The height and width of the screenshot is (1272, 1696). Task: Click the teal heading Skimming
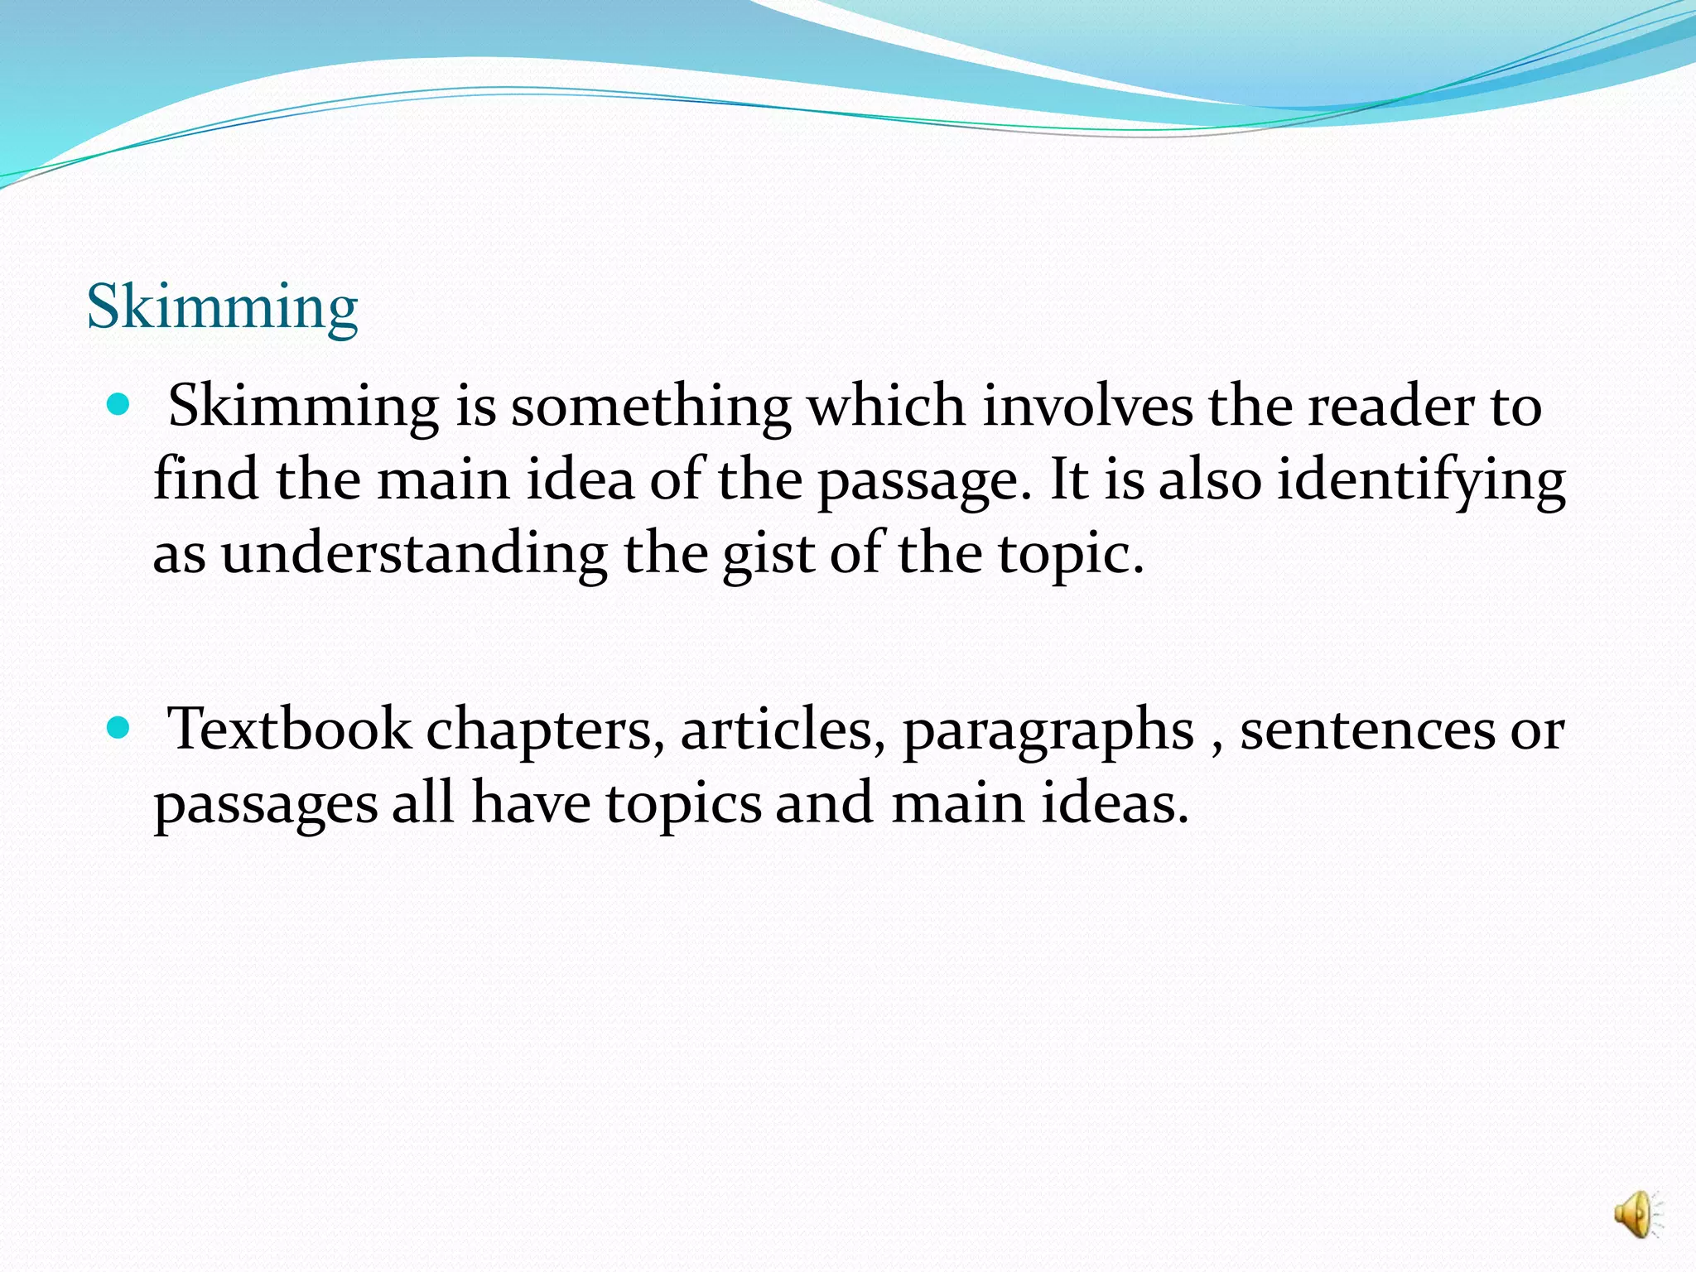point(222,307)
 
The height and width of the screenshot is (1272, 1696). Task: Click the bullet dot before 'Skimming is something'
point(119,405)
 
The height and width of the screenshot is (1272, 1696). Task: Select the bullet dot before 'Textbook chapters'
point(119,728)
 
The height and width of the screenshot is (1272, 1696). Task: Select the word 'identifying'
point(1421,480)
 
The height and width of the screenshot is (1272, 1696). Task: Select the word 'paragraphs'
point(1048,730)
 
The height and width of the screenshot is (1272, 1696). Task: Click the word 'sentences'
point(1367,730)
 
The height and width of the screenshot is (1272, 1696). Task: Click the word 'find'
point(206,480)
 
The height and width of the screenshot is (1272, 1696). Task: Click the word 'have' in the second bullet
point(531,803)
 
